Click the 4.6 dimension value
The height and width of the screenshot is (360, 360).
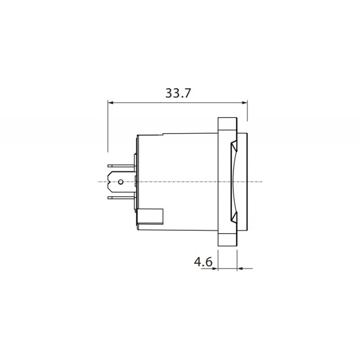(203, 261)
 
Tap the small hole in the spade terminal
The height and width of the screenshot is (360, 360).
(120, 182)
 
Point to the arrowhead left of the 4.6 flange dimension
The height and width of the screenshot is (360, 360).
(215, 268)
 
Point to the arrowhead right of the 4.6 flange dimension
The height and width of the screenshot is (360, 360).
(240, 268)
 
